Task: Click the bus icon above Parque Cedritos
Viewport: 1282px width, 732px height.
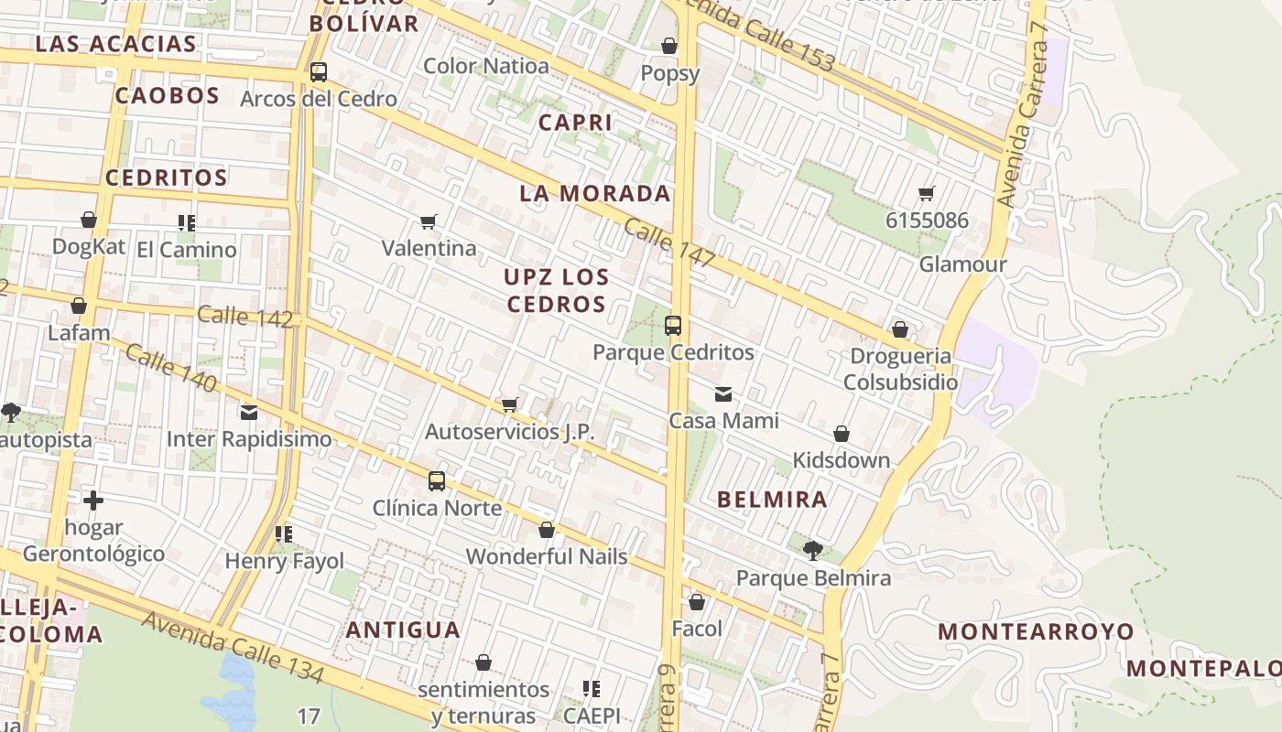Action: (673, 325)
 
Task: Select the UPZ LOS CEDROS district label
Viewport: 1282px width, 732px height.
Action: (557, 290)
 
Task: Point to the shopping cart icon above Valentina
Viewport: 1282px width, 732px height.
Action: (428, 221)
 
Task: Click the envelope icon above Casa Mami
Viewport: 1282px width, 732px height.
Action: (723, 394)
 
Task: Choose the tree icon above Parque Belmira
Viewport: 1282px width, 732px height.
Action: (812, 550)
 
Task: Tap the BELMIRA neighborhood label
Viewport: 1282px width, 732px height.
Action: (772, 500)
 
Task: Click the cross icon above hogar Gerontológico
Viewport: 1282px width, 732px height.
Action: (93, 501)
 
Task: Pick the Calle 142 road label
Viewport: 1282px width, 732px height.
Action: (244, 317)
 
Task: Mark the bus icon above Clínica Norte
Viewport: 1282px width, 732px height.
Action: (437, 480)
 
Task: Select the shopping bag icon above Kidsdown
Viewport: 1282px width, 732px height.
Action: (842, 434)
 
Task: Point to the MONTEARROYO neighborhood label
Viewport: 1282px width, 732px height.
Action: (1036, 631)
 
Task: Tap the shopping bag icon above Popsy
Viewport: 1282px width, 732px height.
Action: (669, 45)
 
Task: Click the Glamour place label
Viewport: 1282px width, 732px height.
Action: (962, 264)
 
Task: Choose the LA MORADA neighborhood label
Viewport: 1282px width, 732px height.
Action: (595, 194)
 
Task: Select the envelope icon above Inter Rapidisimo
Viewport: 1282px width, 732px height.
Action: (249, 412)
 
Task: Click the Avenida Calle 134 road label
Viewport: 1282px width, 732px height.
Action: (233, 648)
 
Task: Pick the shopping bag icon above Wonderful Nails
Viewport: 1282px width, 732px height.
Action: (547, 530)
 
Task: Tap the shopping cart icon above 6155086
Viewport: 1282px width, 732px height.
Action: (927, 193)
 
